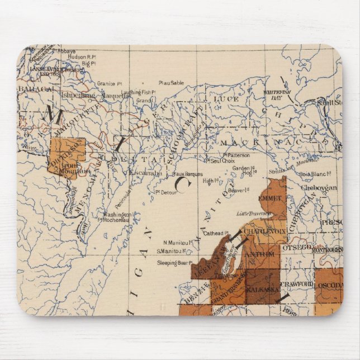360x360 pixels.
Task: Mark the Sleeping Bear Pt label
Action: [x=174, y=261]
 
